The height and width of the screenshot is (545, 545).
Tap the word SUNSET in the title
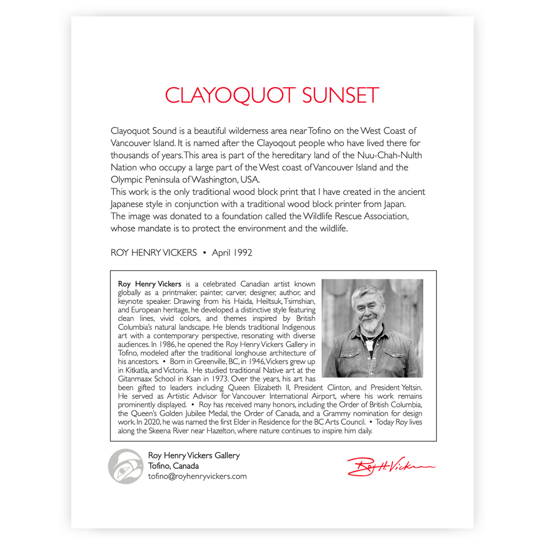(x=340, y=96)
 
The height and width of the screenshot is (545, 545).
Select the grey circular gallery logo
(x=125, y=466)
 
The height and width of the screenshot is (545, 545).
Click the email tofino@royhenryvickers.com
(x=197, y=476)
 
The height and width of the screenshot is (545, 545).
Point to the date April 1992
(x=232, y=253)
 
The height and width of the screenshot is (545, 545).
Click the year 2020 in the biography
(x=153, y=422)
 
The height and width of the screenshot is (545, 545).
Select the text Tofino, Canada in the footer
(x=174, y=466)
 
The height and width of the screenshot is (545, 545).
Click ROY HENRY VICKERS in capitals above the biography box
(x=154, y=253)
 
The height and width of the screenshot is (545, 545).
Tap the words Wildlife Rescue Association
(x=356, y=216)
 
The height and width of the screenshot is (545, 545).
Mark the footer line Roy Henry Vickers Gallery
(x=194, y=456)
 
